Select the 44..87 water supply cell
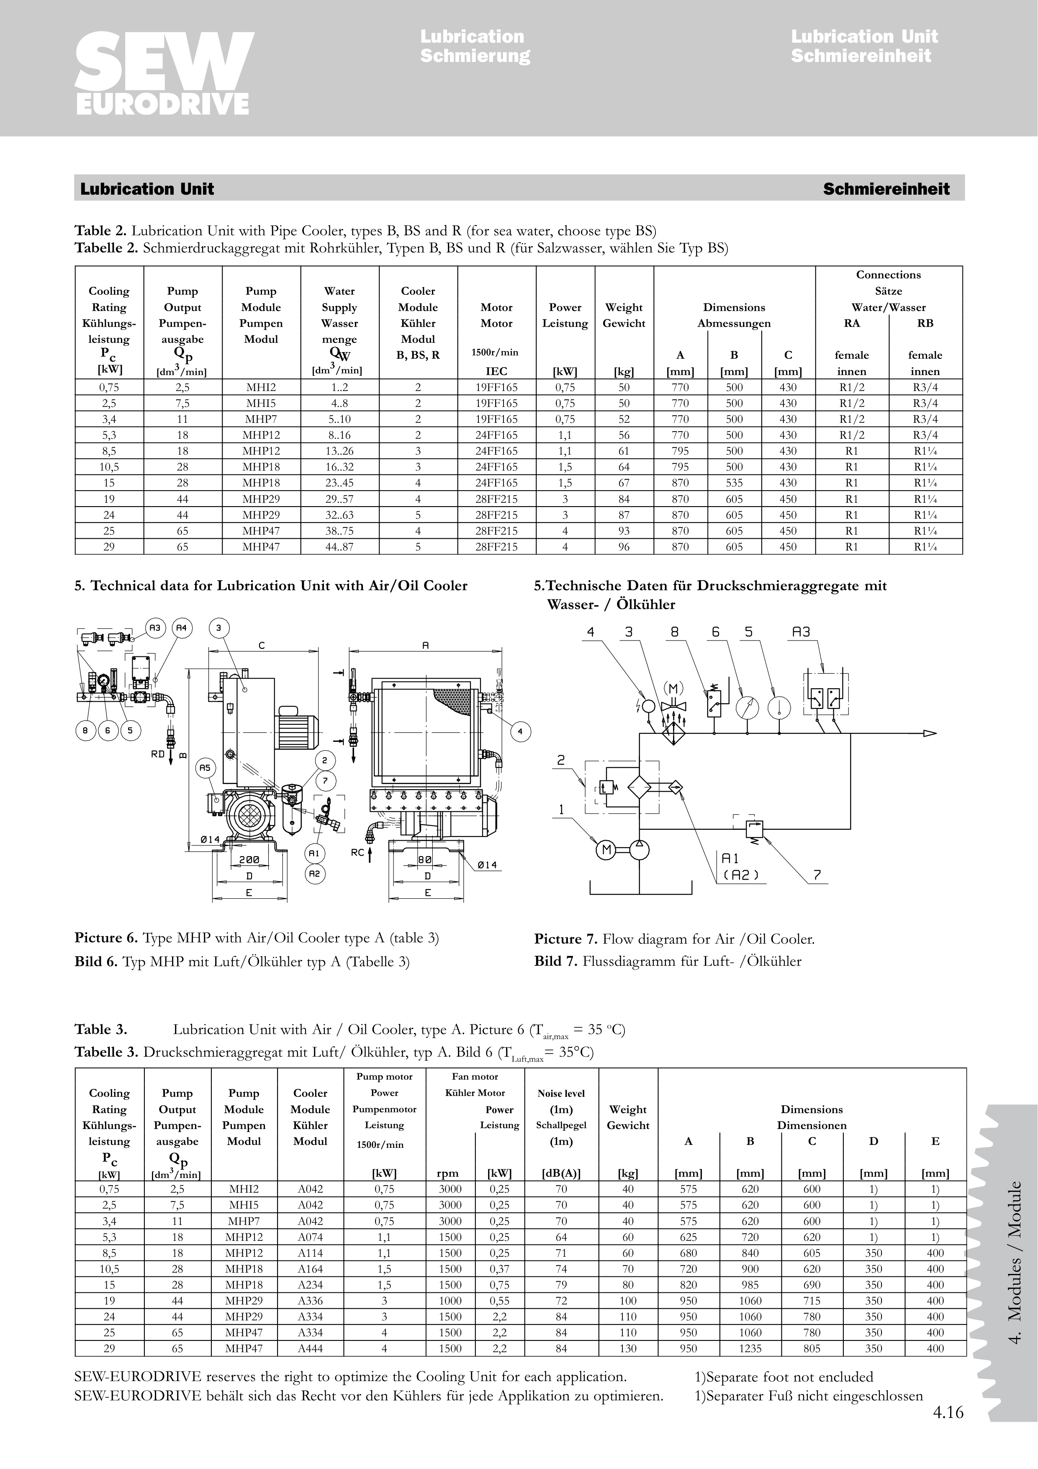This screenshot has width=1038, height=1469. click(339, 547)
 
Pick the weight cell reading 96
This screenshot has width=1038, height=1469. click(624, 547)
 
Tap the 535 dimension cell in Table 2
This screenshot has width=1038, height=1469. click(734, 483)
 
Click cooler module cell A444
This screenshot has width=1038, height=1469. click(310, 1348)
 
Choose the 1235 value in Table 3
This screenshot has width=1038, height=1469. click(750, 1348)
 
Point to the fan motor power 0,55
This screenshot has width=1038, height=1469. click(499, 1300)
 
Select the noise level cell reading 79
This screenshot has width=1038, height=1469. click(561, 1284)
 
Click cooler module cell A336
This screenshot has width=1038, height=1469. click(310, 1300)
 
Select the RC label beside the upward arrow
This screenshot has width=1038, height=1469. click(357, 852)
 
